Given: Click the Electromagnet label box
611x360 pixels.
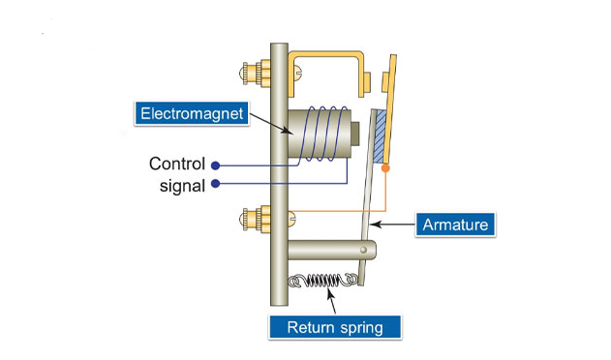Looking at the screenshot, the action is point(192,113).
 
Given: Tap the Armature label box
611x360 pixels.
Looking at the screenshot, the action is point(455,225).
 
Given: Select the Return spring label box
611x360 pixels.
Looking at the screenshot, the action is point(335,327).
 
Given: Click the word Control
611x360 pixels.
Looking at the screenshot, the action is point(177,164).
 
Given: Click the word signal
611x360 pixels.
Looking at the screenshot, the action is point(182,186).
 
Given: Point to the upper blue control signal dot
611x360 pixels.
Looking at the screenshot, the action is point(216,165).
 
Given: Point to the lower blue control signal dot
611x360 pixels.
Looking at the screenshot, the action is point(216,184).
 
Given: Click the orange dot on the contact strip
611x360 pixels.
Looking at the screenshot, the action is point(385,168).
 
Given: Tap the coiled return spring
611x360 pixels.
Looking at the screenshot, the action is point(323,280).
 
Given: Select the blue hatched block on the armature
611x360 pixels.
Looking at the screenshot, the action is point(380,136).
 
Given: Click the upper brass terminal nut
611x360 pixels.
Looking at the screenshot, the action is point(256,73).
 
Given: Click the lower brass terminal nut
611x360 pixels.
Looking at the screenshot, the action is point(256,219).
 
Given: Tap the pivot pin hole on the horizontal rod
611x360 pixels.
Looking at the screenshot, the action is point(363,250).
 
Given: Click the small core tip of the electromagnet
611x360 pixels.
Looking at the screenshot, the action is point(355,134).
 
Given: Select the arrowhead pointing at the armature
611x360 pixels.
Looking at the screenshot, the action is point(375,225).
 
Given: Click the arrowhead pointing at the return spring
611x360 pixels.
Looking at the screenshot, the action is point(330,292).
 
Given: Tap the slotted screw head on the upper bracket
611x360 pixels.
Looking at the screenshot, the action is point(298,71).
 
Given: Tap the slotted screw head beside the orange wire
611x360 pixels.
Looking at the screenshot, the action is point(291,218).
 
